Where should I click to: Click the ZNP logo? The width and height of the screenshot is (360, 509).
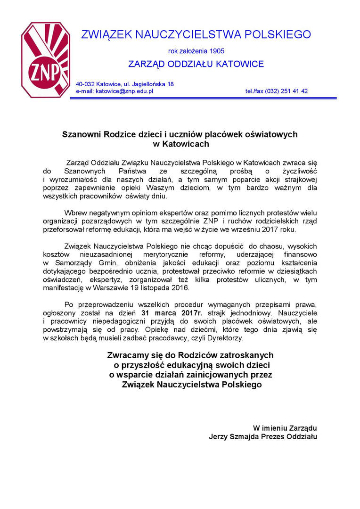coord(45,60)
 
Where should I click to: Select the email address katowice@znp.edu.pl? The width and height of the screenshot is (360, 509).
coord(124,91)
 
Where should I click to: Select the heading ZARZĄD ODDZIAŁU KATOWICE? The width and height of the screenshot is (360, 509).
coord(196,64)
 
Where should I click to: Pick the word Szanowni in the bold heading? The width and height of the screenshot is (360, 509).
coord(80,134)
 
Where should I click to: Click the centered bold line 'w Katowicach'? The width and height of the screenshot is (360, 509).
coord(180,144)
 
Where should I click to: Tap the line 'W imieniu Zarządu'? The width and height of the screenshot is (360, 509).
coord(285,427)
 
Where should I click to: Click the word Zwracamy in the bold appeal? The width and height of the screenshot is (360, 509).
coord(128,355)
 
